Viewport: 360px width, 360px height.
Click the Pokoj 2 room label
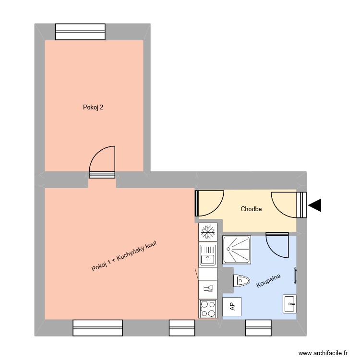pyautogui.click(x=93, y=108)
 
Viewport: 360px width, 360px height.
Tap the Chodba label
pyautogui.click(x=251, y=209)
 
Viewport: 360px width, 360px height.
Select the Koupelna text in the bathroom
pyautogui.click(x=268, y=281)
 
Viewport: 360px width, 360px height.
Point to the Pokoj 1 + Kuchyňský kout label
pyautogui.click(x=124, y=255)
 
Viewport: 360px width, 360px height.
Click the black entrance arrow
pyautogui.click(x=315, y=205)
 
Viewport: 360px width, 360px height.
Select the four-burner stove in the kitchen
pyautogui.click(x=208, y=308)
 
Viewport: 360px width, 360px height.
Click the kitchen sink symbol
pyautogui.click(x=208, y=254)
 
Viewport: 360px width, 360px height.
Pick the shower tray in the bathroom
pyautogui.click(x=237, y=249)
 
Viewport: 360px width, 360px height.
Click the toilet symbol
pyautogui.click(x=241, y=281)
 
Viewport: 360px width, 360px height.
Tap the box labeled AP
pyautogui.click(x=232, y=306)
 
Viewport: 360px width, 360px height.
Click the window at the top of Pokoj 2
pyautogui.click(x=80, y=32)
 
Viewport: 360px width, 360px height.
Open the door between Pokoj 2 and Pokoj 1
pyautogui.click(x=103, y=166)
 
